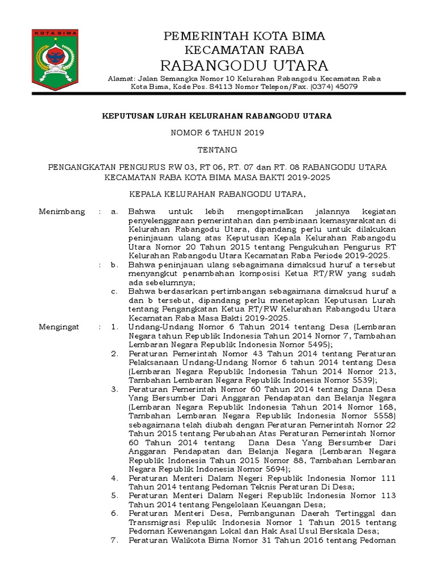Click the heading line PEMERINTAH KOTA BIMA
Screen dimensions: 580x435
[x=244, y=37]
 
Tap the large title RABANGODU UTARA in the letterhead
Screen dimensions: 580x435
[x=244, y=64]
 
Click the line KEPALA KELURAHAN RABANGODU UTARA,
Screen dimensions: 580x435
[x=217, y=194]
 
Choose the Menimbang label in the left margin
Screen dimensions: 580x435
[x=62, y=211]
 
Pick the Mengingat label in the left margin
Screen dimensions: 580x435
[x=60, y=327]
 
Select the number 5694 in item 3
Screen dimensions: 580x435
[x=275, y=469]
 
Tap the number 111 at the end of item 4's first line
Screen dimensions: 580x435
[x=388, y=478]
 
